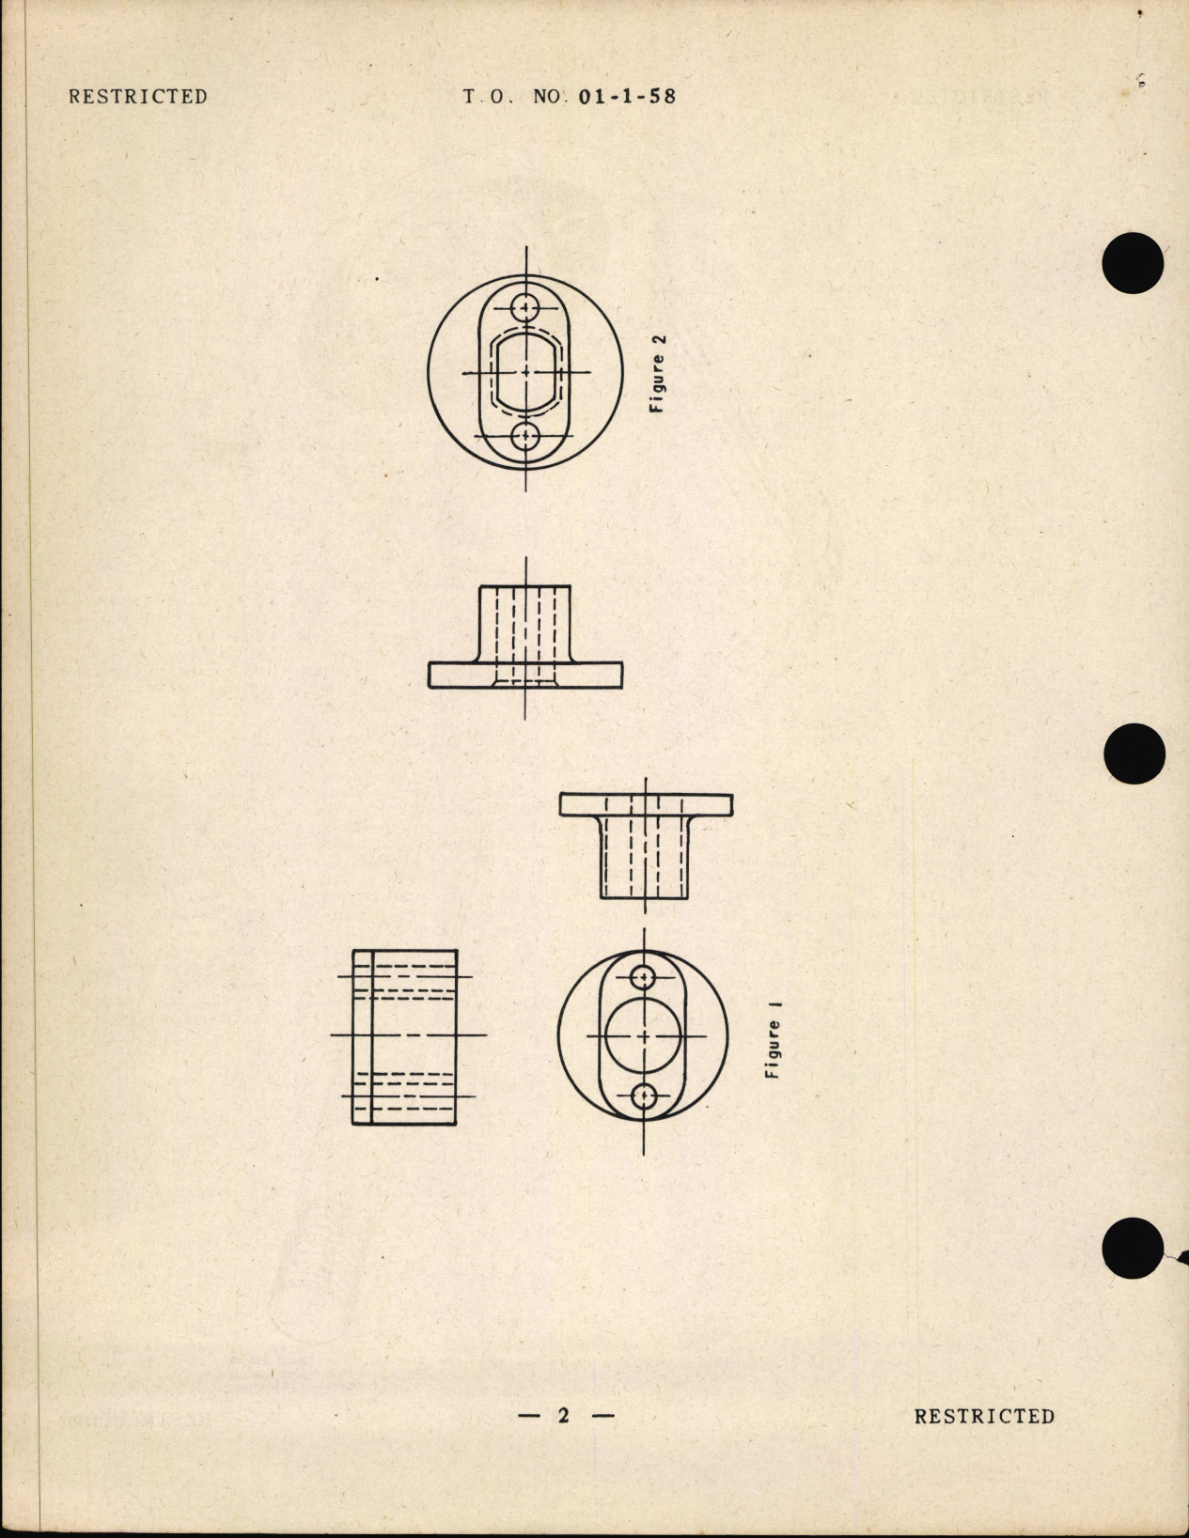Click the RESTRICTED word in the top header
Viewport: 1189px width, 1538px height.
pos(138,97)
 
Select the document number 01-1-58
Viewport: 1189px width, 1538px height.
pos(628,97)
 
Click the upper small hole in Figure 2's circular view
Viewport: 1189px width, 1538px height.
pos(525,307)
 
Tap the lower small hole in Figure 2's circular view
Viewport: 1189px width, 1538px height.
pos(525,437)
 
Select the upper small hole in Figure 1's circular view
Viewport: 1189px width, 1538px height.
pos(644,978)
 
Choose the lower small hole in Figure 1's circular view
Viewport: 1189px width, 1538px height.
pos(644,1095)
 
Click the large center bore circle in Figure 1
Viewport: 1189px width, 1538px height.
pos(644,1036)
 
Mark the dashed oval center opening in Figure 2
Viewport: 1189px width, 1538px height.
pos(525,372)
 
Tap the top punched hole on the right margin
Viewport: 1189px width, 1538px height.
pos(1134,262)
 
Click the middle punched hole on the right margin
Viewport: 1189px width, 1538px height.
pos(1134,754)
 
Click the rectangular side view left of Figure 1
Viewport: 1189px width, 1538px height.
pos(405,1037)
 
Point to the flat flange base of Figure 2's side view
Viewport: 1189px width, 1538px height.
pos(525,676)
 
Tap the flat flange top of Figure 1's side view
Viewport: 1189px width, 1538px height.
pos(646,805)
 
